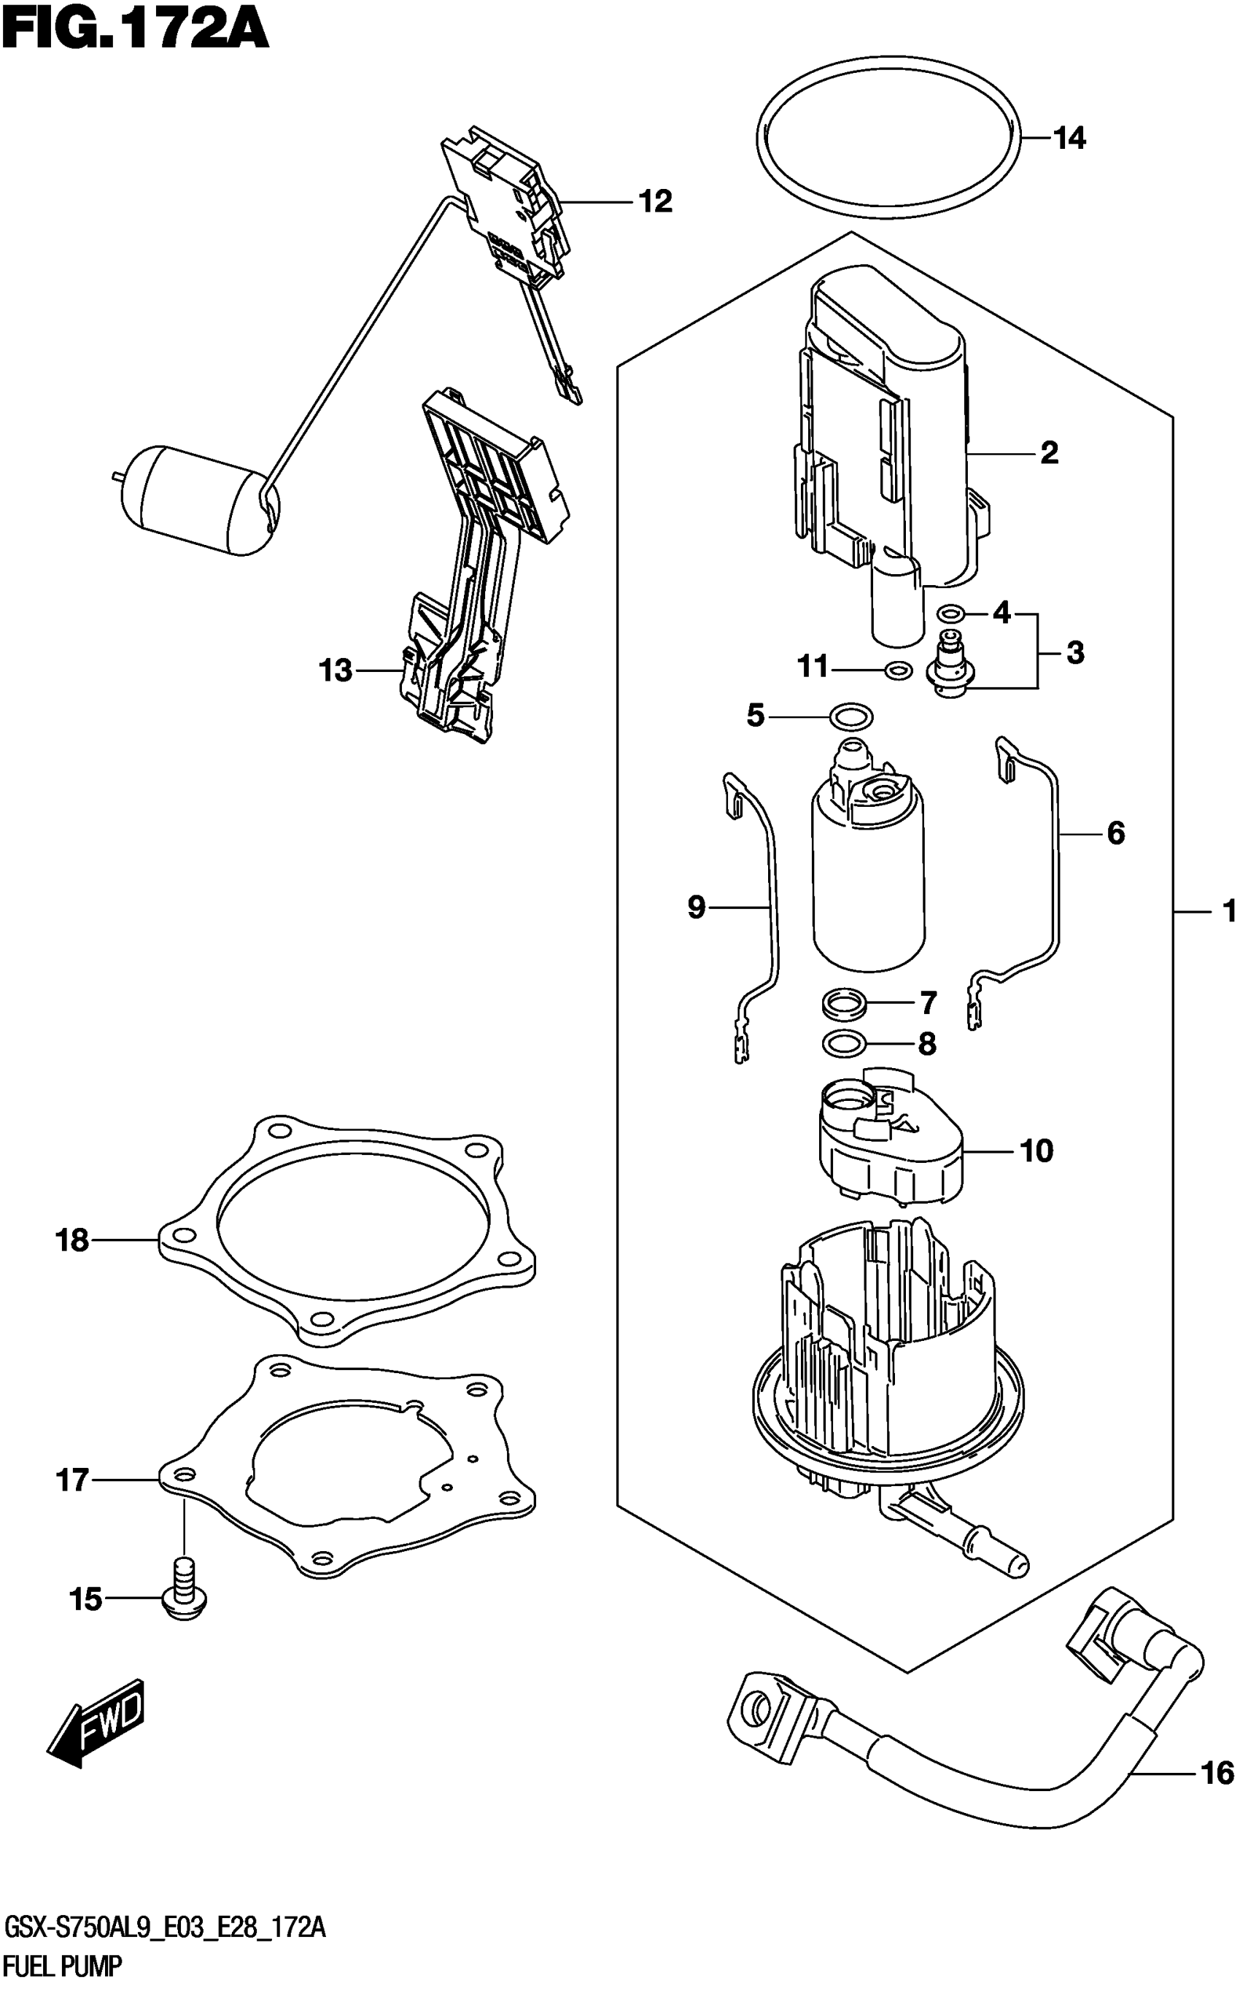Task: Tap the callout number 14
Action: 1069,139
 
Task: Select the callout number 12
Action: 655,201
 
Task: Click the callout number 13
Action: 336,670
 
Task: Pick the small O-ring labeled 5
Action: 851,717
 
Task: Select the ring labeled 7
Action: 845,1002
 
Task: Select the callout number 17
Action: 72,1480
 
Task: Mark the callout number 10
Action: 1036,1151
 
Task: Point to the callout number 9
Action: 695,907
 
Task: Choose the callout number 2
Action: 1049,452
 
